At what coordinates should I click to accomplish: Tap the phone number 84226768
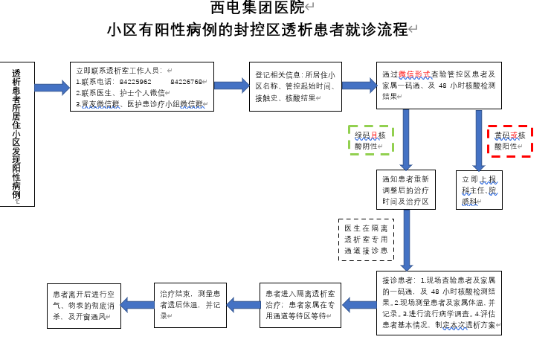pos(186,82)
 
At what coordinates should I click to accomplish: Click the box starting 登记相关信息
pos(292,86)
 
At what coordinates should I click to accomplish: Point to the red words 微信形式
pos(414,75)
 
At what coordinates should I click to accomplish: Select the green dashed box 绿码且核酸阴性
pos(370,141)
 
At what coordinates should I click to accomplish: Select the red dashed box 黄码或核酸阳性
pos(509,141)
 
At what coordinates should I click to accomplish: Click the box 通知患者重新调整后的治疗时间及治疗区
pos(406,190)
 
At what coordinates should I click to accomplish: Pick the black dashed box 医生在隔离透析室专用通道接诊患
pos(367,240)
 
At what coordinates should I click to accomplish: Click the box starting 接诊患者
pos(439,303)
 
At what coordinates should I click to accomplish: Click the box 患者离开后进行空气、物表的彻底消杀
pos(82,303)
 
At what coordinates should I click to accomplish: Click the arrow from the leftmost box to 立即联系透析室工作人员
pos(51,88)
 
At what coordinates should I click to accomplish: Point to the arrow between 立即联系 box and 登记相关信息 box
pos(231,86)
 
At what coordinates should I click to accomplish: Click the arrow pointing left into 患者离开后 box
pos(136,303)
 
